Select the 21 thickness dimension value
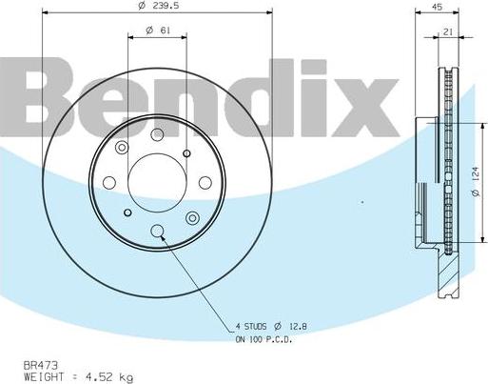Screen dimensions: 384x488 [446, 31]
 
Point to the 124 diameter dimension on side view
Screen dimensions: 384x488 [474, 179]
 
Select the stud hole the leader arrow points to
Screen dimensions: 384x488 [158, 229]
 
